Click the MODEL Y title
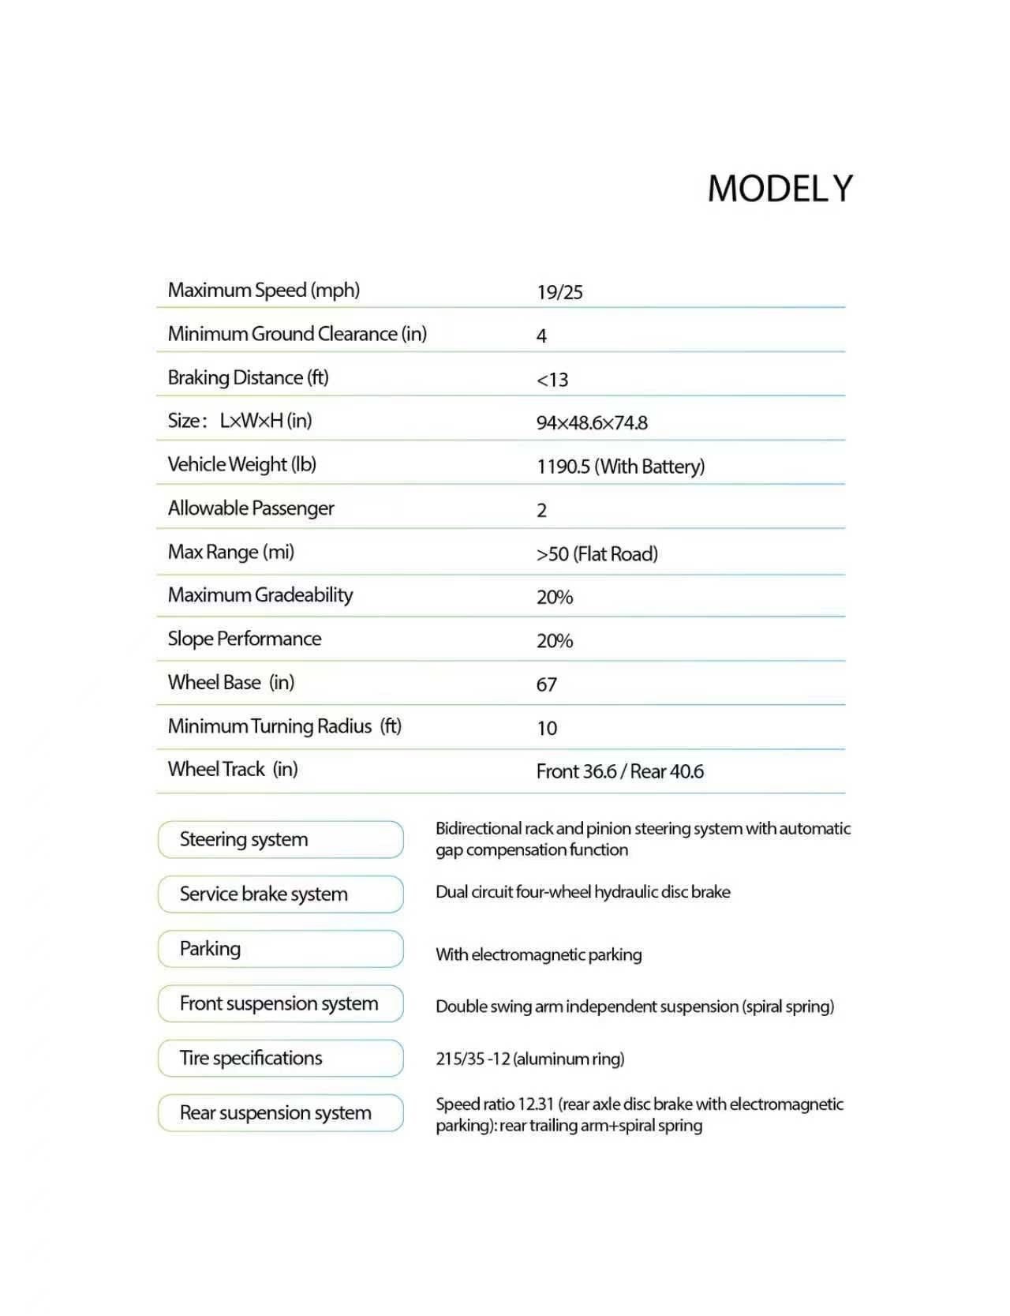(780, 189)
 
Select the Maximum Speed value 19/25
(559, 292)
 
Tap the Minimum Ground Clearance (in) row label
(297, 334)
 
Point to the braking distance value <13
(552, 380)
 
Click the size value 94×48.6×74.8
(592, 423)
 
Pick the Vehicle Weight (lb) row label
(241, 464)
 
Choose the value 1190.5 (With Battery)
(620, 467)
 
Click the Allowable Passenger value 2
(541, 511)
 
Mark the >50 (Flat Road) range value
(597, 554)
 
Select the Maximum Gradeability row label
(260, 595)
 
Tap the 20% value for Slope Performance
(554, 641)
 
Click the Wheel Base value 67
(546, 684)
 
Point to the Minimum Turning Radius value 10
(547, 728)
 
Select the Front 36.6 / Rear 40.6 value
(619, 771)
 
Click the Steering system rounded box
(280, 839)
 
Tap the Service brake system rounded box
(280, 894)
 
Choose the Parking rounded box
(280, 948)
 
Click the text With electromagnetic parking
(538, 954)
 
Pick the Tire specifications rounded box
(280, 1058)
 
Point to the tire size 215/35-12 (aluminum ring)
(529, 1059)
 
